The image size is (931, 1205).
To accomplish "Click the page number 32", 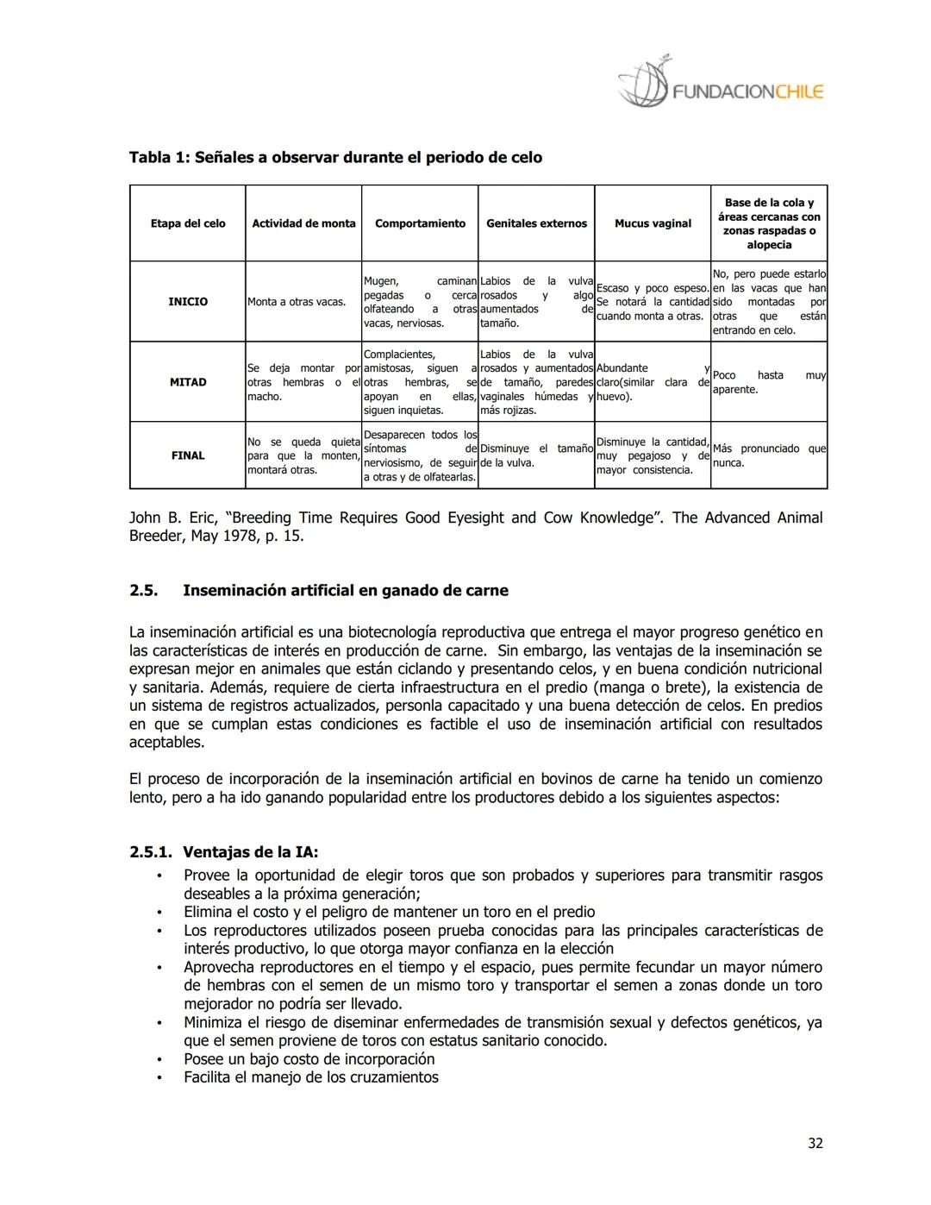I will click(x=815, y=1143).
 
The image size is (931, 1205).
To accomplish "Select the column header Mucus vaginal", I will click(x=653, y=223).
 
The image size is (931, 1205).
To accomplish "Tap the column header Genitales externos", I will click(x=536, y=223).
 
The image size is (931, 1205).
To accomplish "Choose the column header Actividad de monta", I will click(x=303, y=223).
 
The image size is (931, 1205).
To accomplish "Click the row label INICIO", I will click(x=188, y=302).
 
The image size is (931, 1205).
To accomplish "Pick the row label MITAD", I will click(x=188, y=382).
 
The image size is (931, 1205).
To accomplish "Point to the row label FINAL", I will click(x=188, y=455).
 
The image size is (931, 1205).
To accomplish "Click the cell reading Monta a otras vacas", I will click(x=297, y=302).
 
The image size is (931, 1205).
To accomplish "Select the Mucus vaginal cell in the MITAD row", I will click(x=653, y=382).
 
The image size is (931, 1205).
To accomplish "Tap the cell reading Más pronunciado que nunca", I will click(x=769, y=455).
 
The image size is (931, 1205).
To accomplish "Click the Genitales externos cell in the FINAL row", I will click(x=536, y=455).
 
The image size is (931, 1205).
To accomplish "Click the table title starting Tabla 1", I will click(x=335, y=158).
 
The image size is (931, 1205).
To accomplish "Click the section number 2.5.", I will click(x=143, y=591).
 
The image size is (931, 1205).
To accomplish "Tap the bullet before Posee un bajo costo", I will click(x=159, y=1059).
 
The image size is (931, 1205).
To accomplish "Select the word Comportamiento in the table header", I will click(x=420, y=223).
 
